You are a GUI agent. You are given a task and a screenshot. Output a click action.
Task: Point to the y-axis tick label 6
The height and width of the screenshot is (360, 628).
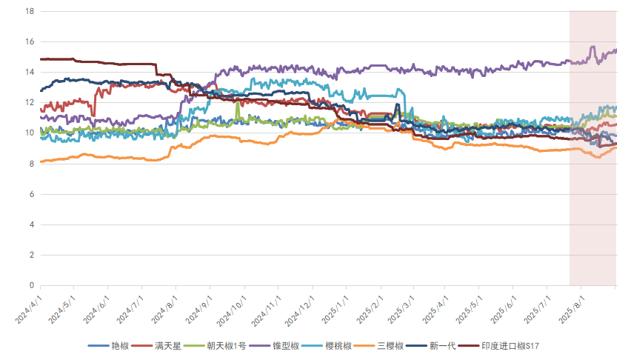(31, 194)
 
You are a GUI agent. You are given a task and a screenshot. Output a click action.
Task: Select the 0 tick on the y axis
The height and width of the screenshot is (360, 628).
(31, 285)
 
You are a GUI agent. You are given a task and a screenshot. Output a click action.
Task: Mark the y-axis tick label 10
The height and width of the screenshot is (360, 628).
(29, 133)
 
